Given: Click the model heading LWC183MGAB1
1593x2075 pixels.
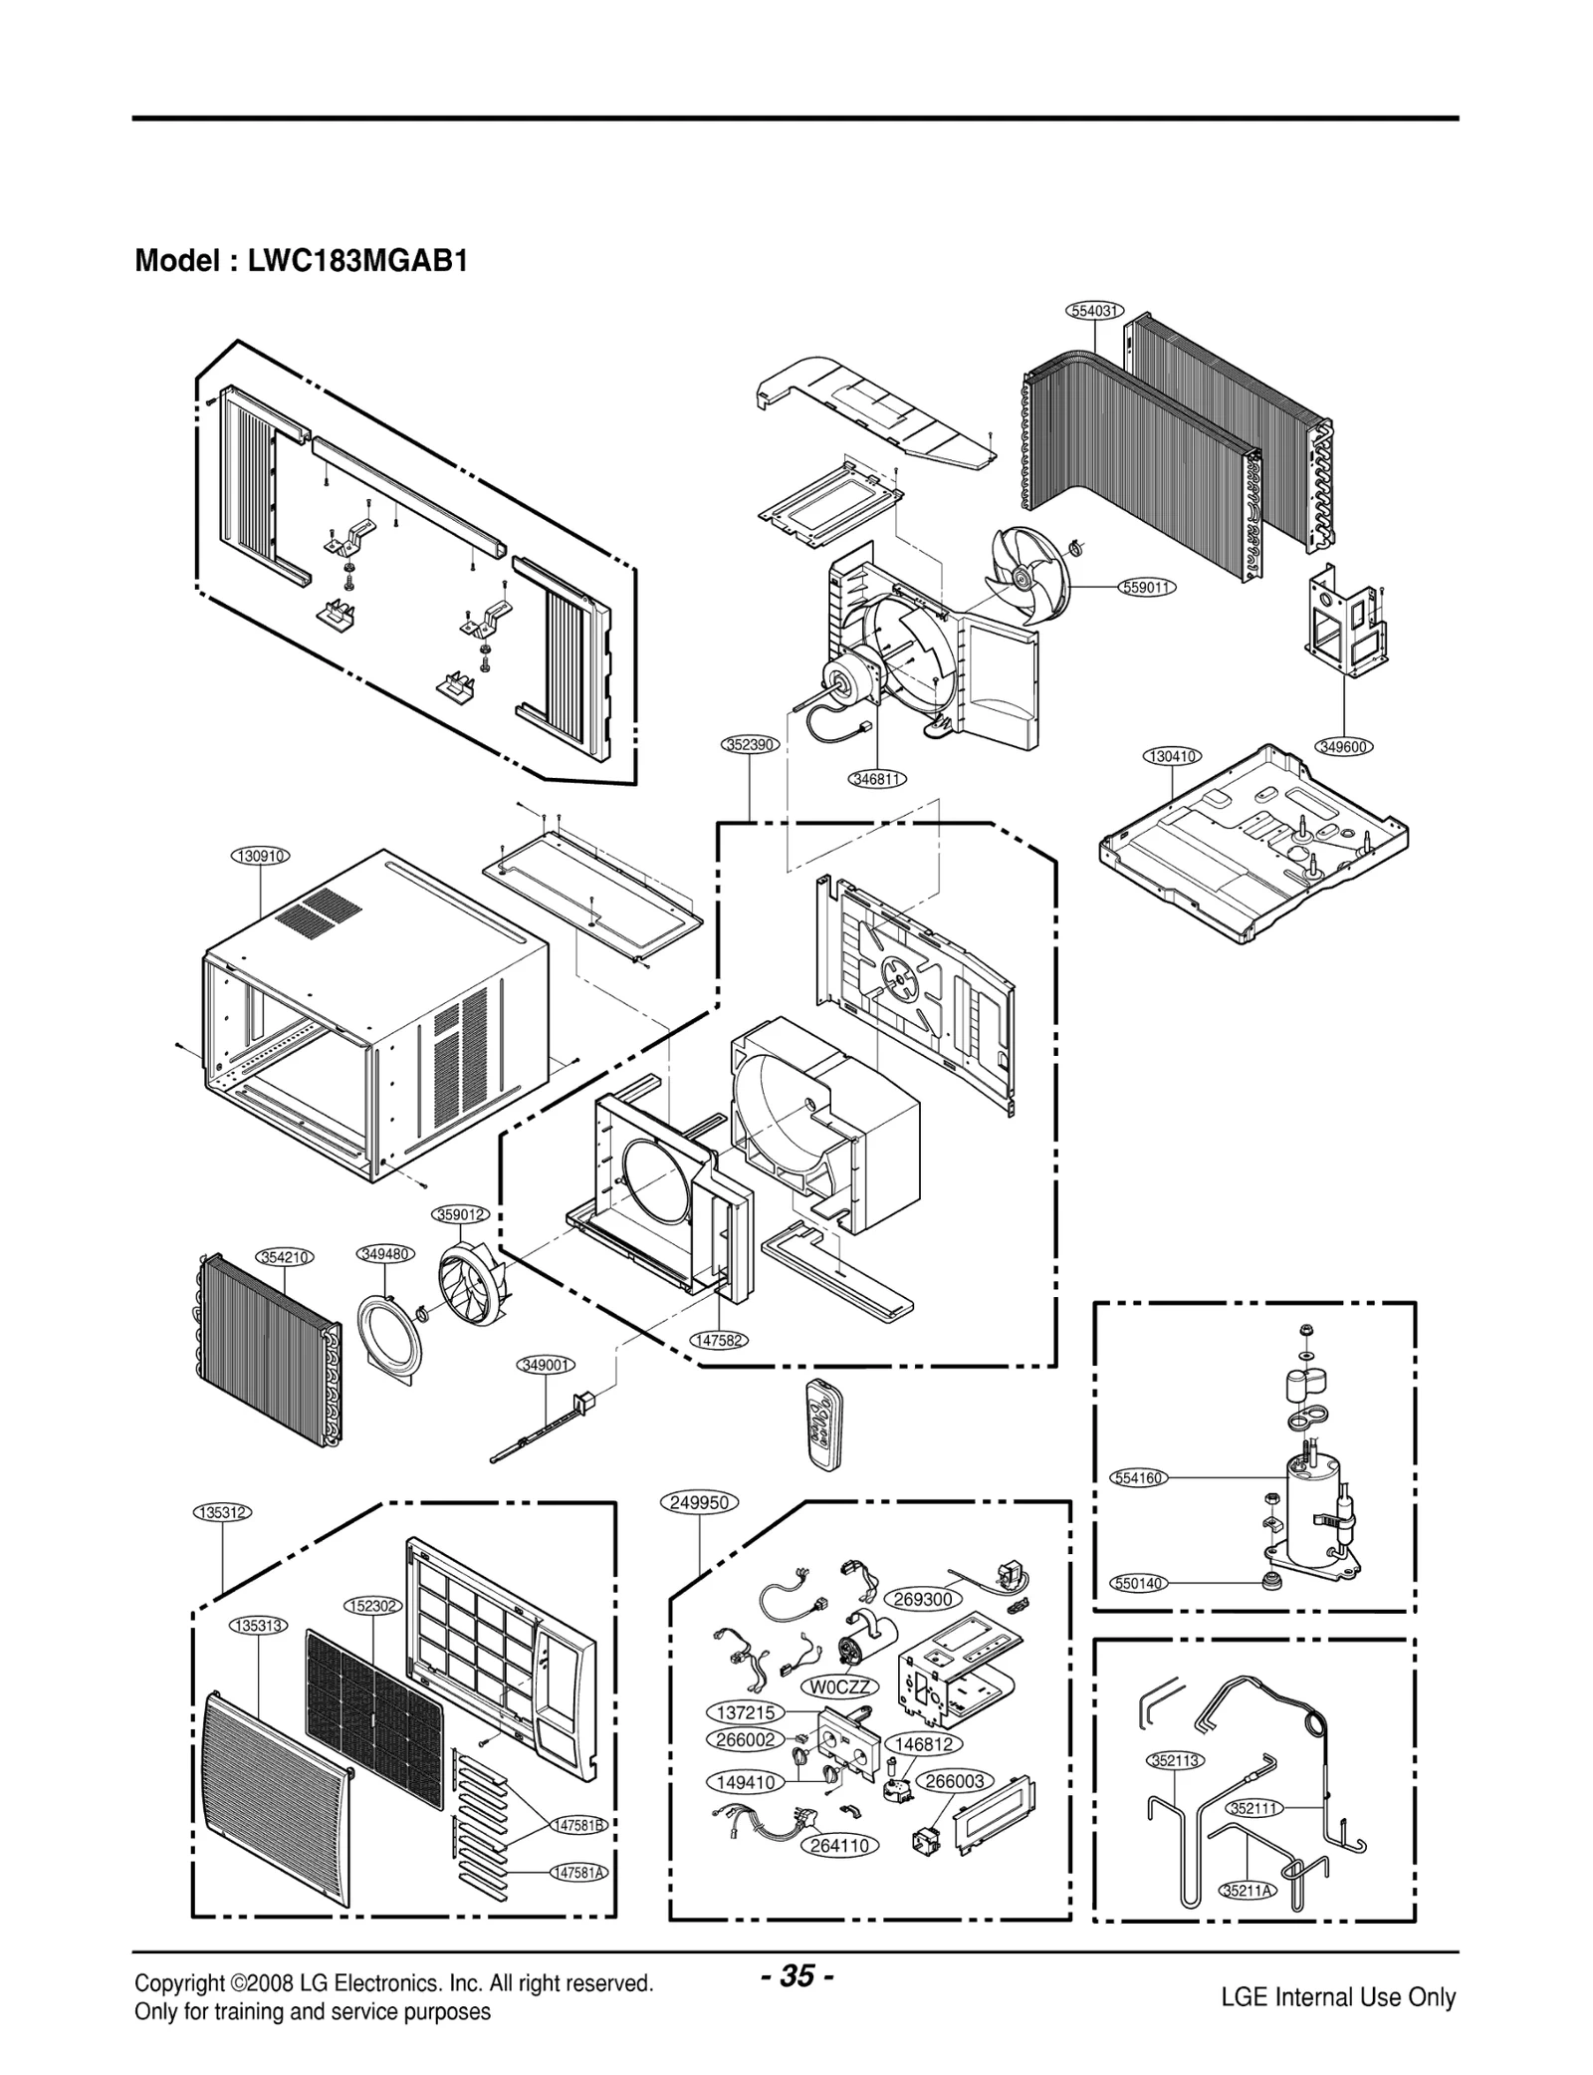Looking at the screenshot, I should pos(301,262).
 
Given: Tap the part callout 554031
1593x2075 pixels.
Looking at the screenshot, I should pos(1095,311).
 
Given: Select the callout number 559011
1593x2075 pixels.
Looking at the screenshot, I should pos(1148,588).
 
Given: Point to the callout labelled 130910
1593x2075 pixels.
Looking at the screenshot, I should pos(261,856).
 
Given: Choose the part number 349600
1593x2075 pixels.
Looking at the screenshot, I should pos(1343,746).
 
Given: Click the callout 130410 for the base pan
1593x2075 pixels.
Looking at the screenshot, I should pos(1172,756).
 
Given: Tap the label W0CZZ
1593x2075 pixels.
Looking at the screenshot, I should pos(840,1686).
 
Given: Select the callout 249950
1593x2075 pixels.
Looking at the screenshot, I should pos(700,1502).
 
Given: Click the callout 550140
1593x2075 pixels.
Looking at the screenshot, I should pos(1137,1584).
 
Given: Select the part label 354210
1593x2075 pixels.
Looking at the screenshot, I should pos(286,1257).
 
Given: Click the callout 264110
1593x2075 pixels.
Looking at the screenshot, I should pos(840,1846).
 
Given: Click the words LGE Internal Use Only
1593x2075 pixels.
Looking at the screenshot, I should pos(1337,1997).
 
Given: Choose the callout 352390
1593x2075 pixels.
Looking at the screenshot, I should pos(749,744).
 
